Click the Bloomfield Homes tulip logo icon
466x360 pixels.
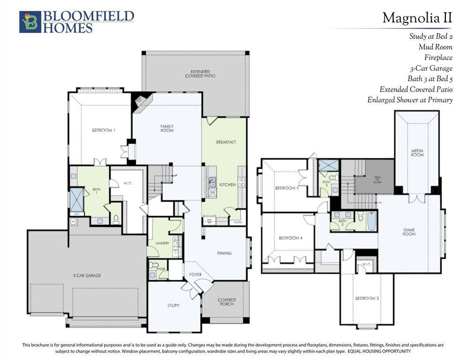[30, 22]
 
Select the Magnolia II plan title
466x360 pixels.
[417, 18]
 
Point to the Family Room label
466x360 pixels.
[167, 128]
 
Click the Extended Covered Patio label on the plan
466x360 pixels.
[200, 74]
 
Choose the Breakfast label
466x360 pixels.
[225, 142]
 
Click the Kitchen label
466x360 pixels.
[227, 185]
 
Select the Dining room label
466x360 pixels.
[224, 254]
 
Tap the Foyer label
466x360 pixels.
[195, 275]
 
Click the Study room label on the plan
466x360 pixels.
[173, 306]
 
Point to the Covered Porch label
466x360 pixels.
[227, 302]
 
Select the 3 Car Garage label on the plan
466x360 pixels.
[87, 276]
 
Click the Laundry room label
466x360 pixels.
[162, 243]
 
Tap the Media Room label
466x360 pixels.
[417, 152]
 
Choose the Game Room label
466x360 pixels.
[409, 232]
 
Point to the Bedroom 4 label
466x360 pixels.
[290, 238]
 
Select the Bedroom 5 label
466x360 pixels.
[287, 188]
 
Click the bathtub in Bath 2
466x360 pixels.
[371, 222]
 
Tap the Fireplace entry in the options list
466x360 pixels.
[438, 58]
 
